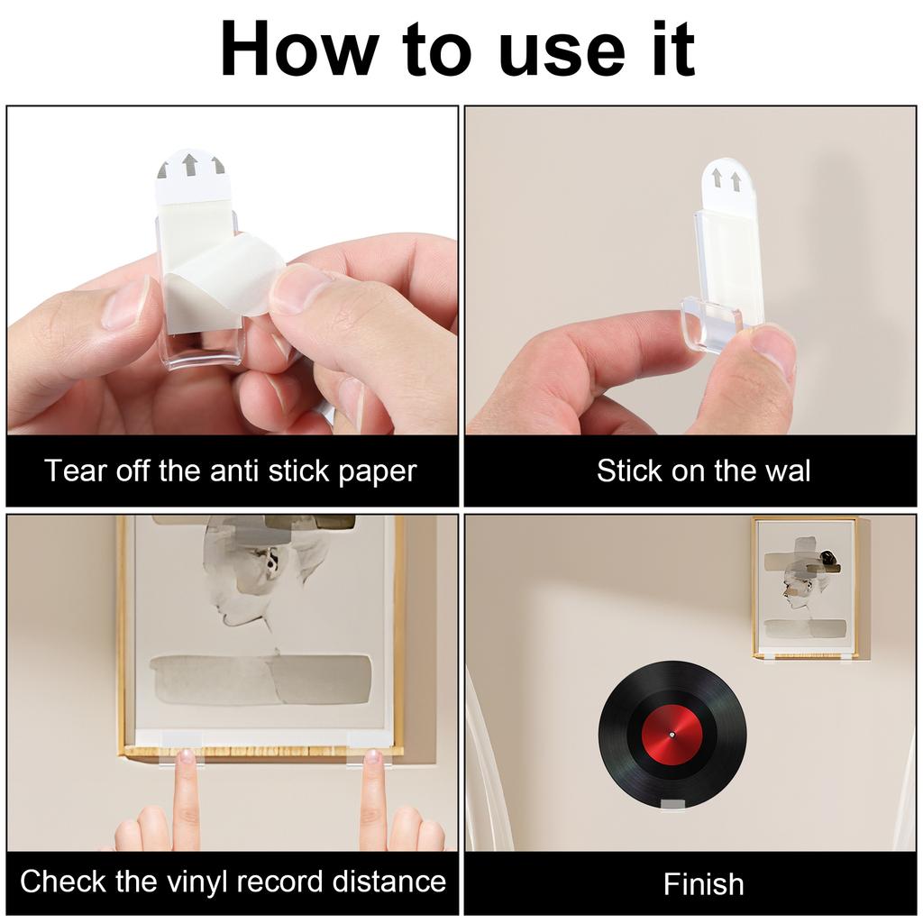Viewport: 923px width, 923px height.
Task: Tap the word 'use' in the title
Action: (562, 54)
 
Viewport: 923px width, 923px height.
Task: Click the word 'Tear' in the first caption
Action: (74, 471)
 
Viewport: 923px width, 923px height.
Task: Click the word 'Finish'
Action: (703, 883)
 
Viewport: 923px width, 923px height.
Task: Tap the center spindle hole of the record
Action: (672, 736)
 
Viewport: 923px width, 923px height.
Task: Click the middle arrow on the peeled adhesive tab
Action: (189, 164)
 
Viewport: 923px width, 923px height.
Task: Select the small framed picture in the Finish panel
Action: (805, 588)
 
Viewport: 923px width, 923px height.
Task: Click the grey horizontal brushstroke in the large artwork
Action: (260, 679)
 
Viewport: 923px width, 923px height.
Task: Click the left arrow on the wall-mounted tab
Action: (717, 179)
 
